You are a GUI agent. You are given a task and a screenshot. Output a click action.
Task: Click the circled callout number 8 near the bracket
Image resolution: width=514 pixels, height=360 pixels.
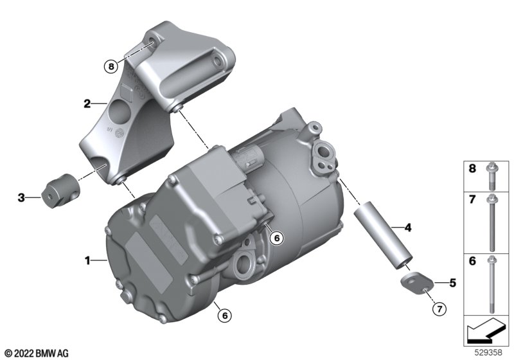coord(111,67)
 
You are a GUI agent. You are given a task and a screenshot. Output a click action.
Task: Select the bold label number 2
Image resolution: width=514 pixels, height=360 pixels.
coord(87,104)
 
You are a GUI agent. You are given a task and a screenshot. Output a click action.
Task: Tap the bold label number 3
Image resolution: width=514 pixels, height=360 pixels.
coord(21,198)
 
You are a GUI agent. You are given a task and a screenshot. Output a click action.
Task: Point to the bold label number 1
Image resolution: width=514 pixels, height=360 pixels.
coord(87,260)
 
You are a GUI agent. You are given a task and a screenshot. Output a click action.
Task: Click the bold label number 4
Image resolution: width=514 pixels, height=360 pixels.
coord(408,227)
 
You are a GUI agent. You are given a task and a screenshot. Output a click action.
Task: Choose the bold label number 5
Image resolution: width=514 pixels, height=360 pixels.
coord(453,283)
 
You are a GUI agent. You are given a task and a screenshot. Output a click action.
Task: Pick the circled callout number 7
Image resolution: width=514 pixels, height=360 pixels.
coord(439,309)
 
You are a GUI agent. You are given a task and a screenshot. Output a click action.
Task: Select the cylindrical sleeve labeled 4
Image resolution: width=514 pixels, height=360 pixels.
coord(383,235)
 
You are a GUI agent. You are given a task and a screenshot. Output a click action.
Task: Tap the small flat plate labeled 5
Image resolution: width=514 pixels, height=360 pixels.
coord(416,283)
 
